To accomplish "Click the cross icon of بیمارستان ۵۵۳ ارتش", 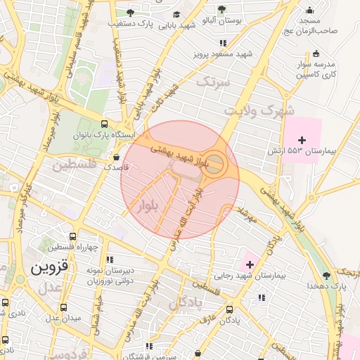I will point(302,141).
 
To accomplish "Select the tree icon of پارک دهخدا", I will point(326,276).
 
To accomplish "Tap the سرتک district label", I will point(212,82).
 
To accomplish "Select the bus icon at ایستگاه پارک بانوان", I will point(105,122).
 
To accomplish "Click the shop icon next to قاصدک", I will point(116,157).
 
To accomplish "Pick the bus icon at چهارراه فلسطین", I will point(72,236).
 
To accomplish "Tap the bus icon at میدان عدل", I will point(63,307).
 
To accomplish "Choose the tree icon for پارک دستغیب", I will point(129,13).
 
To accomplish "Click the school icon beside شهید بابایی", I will point(176,14).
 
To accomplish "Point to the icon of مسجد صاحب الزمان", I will point(309,10).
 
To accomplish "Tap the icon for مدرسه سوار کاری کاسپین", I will point(315,53).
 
